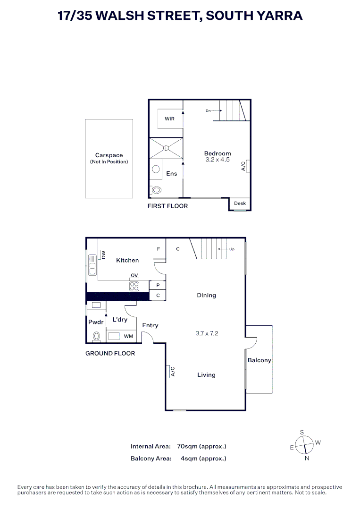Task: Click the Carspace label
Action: pyautogui.click(x=109, y=155)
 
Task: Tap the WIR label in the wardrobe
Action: pyautogui.click(x=169, y=119)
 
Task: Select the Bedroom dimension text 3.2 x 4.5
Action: pyautogui.click(x=218, y=160)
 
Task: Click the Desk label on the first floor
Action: pyautogui.click(x=240, y=204)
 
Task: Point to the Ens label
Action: pyautogui.click(x=171, y=174)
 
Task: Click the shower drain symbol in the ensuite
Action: pyautogui.click(x=166, y=148)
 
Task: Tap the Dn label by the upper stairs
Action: pyautogui.click(x=208, y=111)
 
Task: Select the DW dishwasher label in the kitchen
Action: pyautogui.click(x=103, y=255)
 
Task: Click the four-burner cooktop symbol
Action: pyautogui.click(x=134, y=285)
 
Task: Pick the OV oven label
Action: pyautogui.click(x=134, y=275)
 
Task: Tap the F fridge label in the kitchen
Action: pyautogui.click(x=158, y=248)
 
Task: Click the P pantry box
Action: pyautogui.click(x=158, y=285)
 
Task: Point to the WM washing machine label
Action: pyautogui.click(x=128, y=336)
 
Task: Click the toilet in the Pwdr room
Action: pyautogui.click(x=97, y=336)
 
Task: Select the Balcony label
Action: pyautogui.click(x=260, y=360)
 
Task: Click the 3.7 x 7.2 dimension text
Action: pyautogui.click(x=207, y=333)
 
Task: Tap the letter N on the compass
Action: pyautogui.click(x=307, y=458)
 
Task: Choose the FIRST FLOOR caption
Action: pyautogui.click(x=167, y=206)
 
